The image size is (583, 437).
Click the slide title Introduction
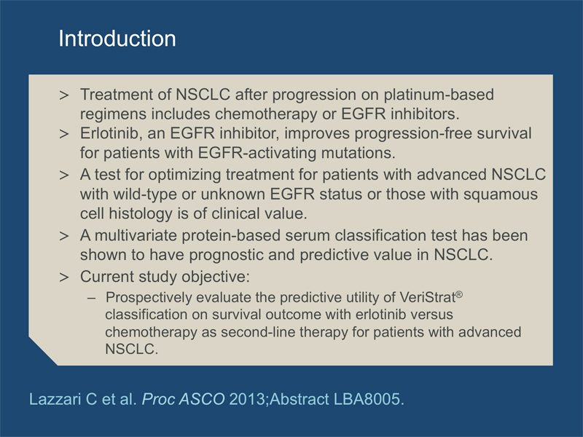117,39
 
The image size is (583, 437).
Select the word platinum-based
439,95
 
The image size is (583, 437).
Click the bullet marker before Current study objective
64,277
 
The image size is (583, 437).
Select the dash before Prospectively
91,298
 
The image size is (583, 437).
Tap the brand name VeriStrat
427,297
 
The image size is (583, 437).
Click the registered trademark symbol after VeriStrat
459,294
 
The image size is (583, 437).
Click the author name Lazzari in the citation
55,399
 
